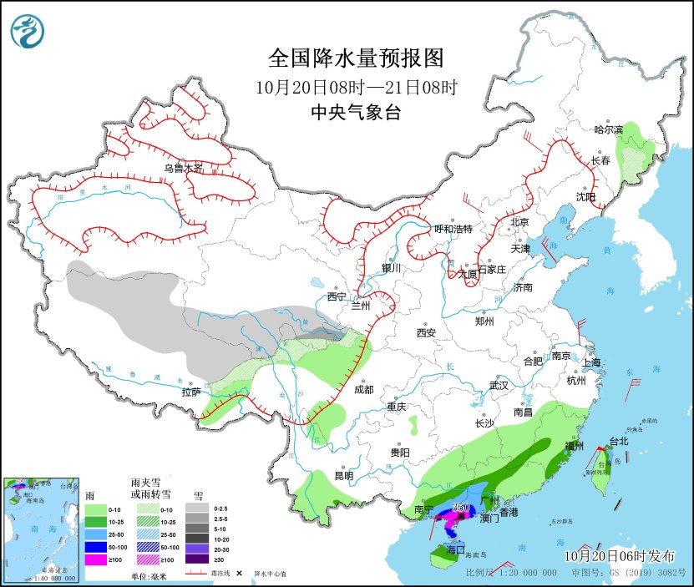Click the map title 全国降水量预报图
(355, 58)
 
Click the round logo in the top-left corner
(28, 32)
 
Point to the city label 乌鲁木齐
(183, 168)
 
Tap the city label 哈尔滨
(608, 130)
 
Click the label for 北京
(519, 222)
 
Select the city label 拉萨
(191, 391)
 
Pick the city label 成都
(363, 389)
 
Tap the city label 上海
(592, 362)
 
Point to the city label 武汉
(499, 386)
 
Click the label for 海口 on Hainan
(455, 550)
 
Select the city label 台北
(618, 441)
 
